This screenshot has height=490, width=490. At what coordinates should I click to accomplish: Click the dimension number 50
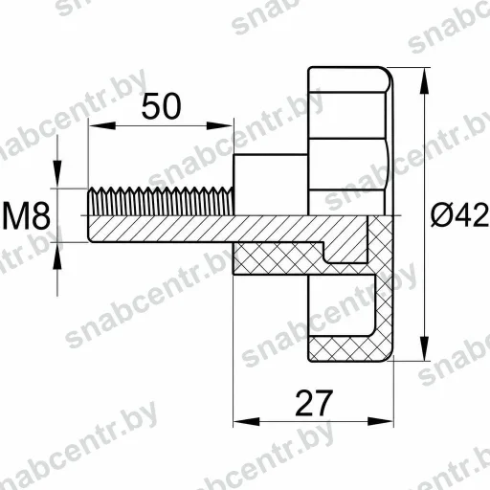[161, 106]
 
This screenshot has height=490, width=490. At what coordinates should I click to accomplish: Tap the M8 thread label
[26, 217]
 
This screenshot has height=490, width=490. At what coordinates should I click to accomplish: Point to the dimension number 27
[314, 403]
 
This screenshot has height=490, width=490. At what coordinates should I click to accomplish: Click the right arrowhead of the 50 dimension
[219, 125]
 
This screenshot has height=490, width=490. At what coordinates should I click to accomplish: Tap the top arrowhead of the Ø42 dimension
[424, 81]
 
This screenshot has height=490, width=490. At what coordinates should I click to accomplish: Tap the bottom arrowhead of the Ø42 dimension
[424, 348]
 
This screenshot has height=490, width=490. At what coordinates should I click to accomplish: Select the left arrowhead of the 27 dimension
[246, 421]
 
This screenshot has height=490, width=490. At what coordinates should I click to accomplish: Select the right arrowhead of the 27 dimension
[380, 421]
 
